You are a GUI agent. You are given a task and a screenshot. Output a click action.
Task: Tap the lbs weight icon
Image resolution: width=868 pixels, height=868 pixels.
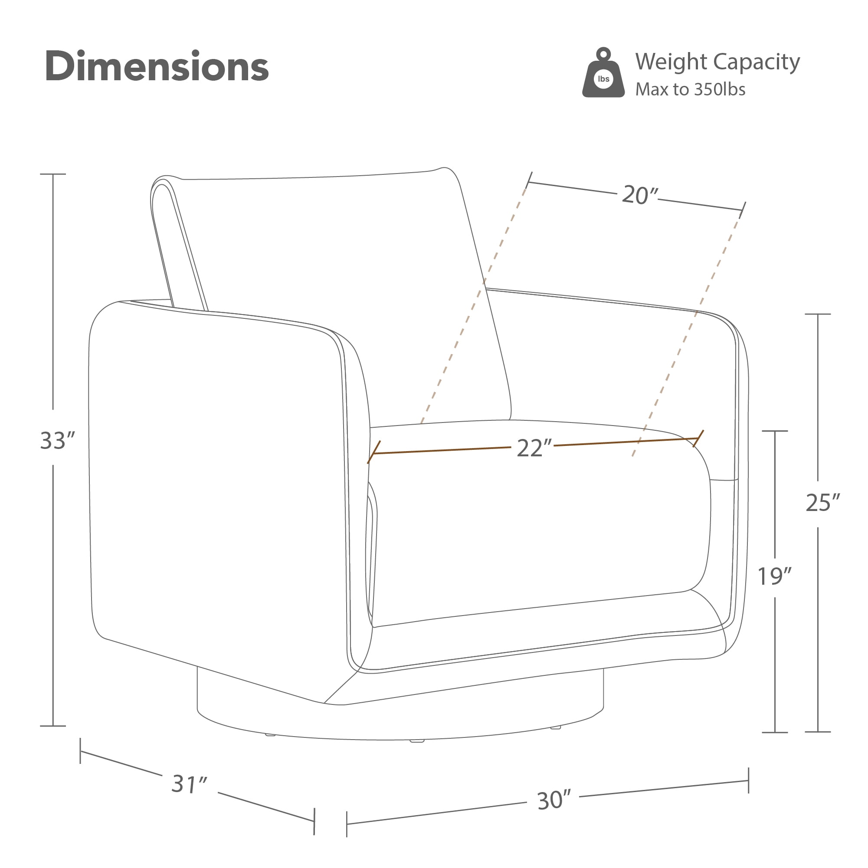click(x=603, y=73)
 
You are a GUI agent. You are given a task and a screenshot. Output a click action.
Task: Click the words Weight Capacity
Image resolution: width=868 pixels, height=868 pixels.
click(x=717, y=62)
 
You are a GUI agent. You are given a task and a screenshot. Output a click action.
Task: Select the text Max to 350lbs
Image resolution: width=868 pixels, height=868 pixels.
click(x=690, y=89)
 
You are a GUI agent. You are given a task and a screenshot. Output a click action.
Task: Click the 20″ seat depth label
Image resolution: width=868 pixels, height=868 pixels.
click(x=639, y=196)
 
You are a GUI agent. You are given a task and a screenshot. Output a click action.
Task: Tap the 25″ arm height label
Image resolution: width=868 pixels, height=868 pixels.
click(x=822, y=503)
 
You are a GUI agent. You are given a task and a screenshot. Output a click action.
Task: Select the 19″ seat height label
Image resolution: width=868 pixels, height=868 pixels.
click(x=774, y=576)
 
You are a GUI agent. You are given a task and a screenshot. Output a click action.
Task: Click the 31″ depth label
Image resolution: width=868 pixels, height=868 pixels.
click(x=189, y=784)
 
